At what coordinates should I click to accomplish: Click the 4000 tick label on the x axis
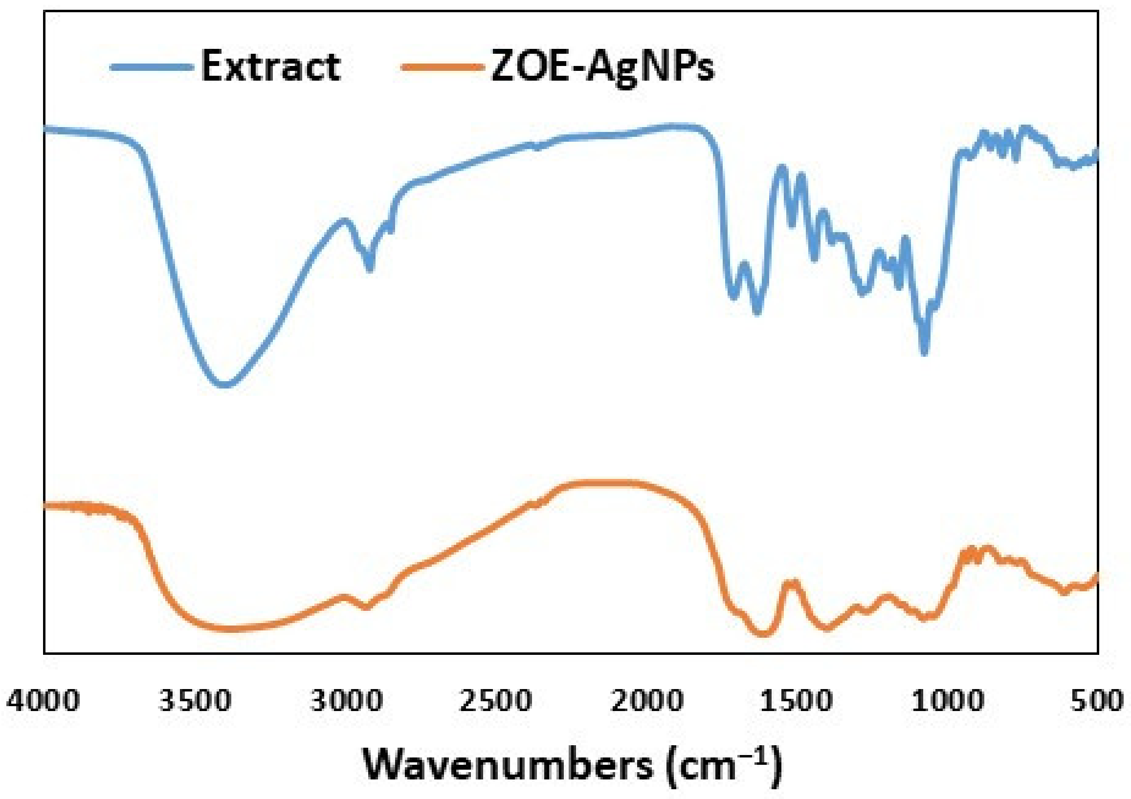[43, 701]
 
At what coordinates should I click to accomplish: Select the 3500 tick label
[195, 701]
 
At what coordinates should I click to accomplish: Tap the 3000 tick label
[346, 701]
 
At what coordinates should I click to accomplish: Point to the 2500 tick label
[496, 701]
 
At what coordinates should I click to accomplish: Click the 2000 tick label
[647, 701]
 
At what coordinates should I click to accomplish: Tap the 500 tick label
[1097, 701]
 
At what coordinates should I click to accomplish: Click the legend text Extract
[270, 66]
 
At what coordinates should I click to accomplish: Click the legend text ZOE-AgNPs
[602, 67]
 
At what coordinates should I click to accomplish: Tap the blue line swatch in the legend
[151, 67]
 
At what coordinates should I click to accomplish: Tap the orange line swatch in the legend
[442, 67]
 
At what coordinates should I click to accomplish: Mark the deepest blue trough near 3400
[224, 385]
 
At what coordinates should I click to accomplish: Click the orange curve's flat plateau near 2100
[601, 483]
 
